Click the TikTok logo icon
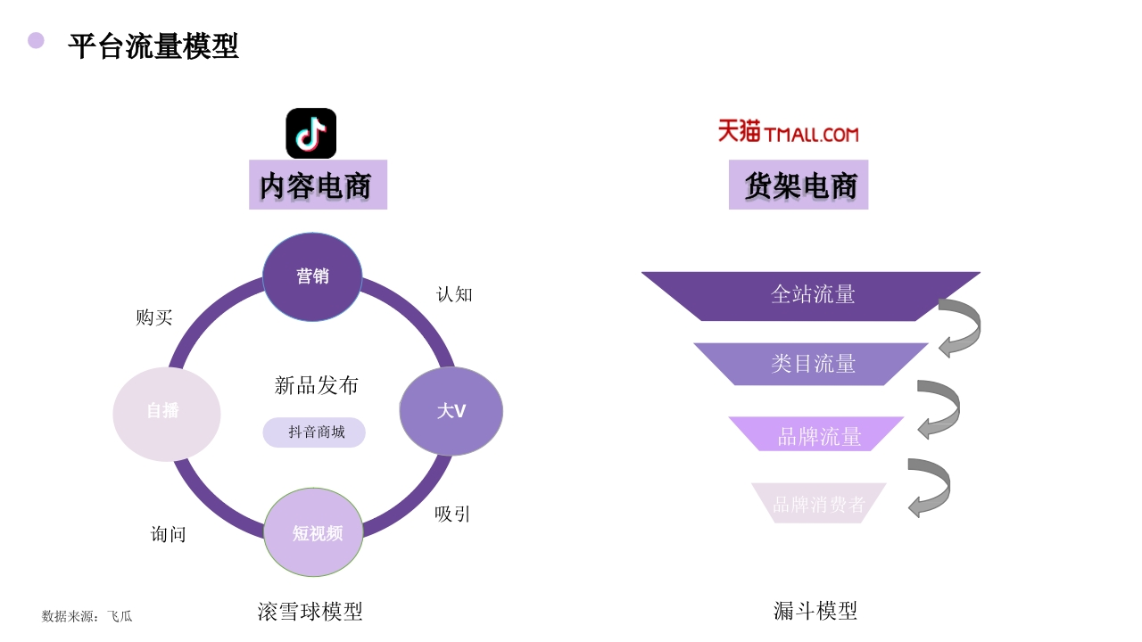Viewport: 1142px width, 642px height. click(x=310, y=133)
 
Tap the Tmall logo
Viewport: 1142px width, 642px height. click(x=788, y=132)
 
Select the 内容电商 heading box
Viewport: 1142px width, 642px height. click(x=318, y=185)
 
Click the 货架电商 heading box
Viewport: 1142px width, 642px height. click(x=799, y=185)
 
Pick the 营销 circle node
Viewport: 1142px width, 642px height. click(x=312, y=276)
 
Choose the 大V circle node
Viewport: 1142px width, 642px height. click(x=451, y=411)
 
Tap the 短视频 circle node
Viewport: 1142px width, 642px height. click(x=314, y=532)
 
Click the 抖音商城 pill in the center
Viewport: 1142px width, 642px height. click(x=314, y=432)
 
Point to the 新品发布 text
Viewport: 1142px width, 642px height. click(x=317, y=385)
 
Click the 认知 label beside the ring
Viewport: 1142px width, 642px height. click(x=454, y=294)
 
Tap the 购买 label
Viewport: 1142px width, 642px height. click(x=153, y=317)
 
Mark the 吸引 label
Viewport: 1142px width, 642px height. click(x=452, y=514)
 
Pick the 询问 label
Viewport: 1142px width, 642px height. click(x=169, y=535)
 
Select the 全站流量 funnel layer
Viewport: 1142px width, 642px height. click(x=812, y=295)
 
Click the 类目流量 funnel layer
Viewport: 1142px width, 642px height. click(x=812, y=364)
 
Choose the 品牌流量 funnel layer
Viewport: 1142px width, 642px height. click(x=817, y=435)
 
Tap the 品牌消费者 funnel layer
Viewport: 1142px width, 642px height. click(x=818, y=504)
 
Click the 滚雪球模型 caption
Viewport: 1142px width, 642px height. click(x=310, y=612)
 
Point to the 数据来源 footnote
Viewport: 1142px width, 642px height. click(x=87, y=616)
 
